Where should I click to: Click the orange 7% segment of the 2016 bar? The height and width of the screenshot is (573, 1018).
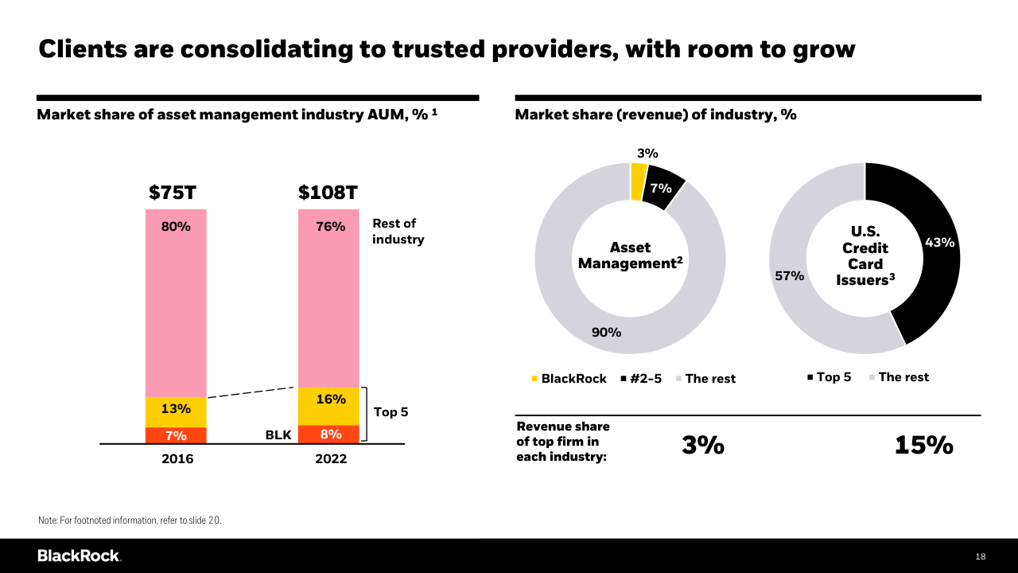(176, 435)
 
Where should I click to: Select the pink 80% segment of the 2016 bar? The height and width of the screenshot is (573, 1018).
(176, 302)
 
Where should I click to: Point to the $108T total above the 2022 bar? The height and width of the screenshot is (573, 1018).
(328, 193)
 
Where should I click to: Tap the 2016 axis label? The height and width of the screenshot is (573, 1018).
(176, 459)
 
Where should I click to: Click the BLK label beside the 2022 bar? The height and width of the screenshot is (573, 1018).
(278, 435)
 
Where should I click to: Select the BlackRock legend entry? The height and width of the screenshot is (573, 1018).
(569, 379)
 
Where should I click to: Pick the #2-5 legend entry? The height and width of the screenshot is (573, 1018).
(641, 379)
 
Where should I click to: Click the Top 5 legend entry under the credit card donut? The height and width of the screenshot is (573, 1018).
(829, 377)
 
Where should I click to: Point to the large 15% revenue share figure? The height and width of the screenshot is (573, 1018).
(923, 446)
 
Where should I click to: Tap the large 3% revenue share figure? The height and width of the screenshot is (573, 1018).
(703, 446)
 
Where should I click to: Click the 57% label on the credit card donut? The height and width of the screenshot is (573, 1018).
(790, 276)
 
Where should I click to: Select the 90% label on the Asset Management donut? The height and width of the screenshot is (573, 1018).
(606, 332)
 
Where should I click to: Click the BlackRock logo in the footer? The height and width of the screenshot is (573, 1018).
(79, 555)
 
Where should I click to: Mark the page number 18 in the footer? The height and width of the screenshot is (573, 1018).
(981, 556)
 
